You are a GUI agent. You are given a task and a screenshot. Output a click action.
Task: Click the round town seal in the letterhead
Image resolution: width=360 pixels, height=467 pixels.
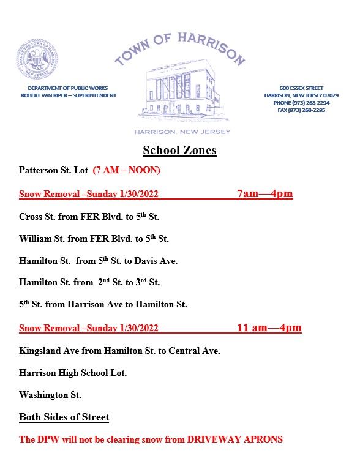37,59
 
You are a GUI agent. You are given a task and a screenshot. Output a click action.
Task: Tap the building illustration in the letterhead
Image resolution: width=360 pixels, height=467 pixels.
179,91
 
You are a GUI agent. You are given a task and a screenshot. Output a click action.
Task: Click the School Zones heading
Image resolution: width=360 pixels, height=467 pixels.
179,150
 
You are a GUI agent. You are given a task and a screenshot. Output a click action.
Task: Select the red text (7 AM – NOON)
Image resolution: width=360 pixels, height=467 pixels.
127,170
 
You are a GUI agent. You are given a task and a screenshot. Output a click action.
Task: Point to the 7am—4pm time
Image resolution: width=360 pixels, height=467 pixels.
264,194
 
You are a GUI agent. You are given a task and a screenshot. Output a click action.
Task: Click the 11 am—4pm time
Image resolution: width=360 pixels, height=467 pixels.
269,328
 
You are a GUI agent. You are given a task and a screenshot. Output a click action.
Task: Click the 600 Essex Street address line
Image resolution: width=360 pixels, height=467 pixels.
301,88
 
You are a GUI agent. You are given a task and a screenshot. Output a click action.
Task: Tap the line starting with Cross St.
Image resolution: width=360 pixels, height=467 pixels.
89,217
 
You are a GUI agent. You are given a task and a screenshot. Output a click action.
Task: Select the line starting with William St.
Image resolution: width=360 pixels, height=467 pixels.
94,239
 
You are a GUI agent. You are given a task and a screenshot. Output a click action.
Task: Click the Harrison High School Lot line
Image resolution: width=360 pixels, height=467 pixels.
73,373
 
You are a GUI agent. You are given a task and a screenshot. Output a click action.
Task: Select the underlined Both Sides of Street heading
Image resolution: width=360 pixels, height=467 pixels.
64,417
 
